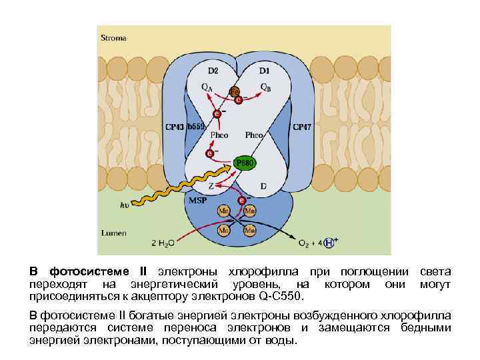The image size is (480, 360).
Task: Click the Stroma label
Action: point(113,38)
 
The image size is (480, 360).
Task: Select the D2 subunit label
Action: point(213,70)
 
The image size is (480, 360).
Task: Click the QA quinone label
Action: point(209,86)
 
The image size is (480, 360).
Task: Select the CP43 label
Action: point(175,126)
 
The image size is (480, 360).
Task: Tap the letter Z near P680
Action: point(212,187)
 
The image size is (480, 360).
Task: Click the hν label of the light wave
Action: point(124,205)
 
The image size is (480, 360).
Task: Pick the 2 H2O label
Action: point(164,243)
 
